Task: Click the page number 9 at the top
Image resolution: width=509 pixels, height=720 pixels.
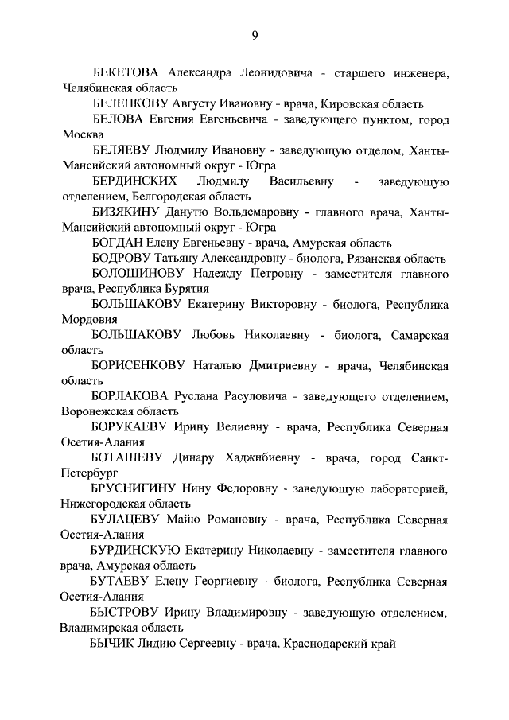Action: coord(254,33)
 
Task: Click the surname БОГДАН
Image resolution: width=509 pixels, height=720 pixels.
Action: coord(116,243)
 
